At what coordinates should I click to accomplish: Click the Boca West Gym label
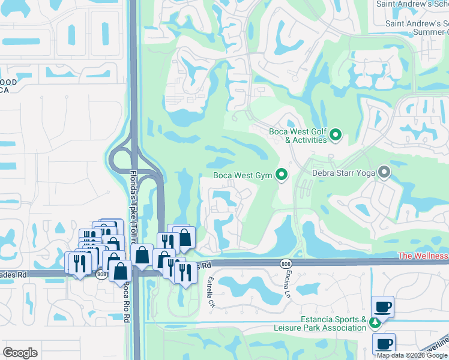click(243, 176)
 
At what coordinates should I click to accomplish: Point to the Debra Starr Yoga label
click(343, 173)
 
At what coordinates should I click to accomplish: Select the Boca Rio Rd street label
click(127, 298)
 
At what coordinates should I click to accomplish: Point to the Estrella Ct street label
click(211, 292)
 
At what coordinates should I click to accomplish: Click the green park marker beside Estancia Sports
click(375, 323)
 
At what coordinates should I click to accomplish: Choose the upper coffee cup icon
click(383, 307)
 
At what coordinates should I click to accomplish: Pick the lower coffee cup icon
click(384, 344)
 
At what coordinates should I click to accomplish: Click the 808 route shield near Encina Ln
click(285, 263)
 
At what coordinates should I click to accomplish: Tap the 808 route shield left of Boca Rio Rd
click(101, 274)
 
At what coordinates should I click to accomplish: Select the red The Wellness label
click(423, 256)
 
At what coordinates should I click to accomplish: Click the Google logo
click(20, 353)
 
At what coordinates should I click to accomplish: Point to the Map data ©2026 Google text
click(412, 355)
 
